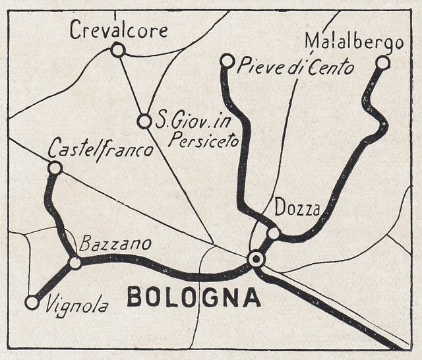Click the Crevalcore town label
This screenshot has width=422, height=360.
point(119,30)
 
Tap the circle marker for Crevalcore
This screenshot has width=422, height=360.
point(118,50)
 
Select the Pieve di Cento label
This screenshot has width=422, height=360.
point(295,67)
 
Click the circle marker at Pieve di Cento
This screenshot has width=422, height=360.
point(227,61)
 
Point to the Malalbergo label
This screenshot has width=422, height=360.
point(353,43)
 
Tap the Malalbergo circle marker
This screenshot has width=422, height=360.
point(382,63)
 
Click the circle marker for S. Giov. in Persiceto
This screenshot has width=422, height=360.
point(144,121)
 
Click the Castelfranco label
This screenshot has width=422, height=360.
point(101,150)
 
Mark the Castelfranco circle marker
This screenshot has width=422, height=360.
point(55,168)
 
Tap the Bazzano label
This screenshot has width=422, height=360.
point(115,245)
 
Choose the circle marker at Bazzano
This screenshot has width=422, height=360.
point(75,262)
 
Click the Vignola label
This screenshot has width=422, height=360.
point(77,305)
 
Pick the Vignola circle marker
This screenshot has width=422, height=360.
point(32,303)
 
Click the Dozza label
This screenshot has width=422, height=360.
point(297,210)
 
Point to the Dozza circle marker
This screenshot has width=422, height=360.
point(274,233)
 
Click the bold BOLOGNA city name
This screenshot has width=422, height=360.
point(193,297)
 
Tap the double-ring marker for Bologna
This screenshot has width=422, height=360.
point(256,259)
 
